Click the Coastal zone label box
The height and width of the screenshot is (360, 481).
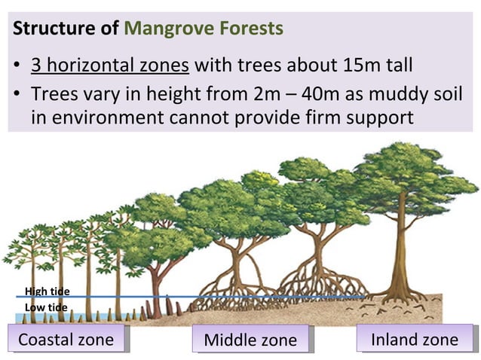point(66,340)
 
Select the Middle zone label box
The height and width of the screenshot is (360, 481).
point(251,340)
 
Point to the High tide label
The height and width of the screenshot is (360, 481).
point(47,292)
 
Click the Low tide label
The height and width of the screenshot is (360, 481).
point(47,307)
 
